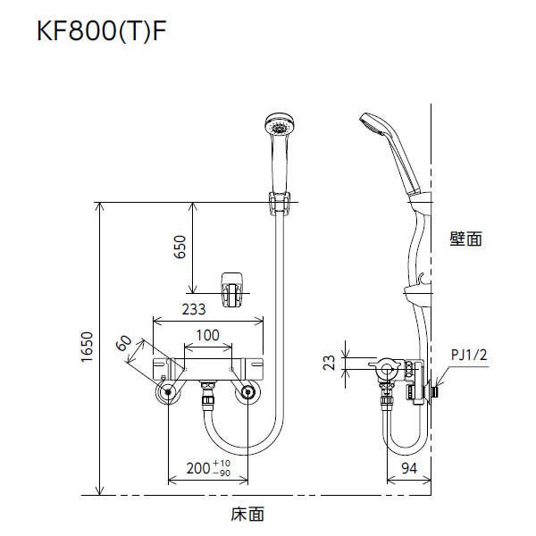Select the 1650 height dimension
(x=86, y=348)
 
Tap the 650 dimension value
(x=179, y=247)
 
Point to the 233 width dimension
(x=193, y=310)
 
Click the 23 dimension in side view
(x=330, y=363)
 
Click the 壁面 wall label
(x=465, y=239)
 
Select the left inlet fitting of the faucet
(x=167, y=391)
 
